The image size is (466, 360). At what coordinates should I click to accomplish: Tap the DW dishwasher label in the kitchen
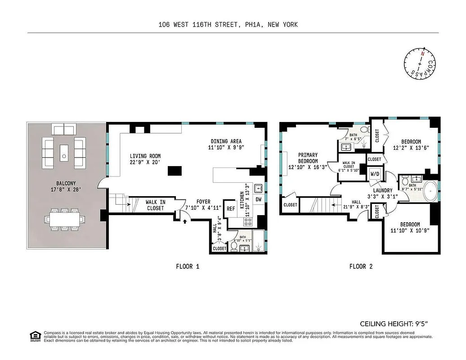click(x=259, y=199)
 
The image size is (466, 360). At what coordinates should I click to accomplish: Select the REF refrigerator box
click(x=231, y=209)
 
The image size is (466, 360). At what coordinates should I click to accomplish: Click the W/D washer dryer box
click(x=375, y=174)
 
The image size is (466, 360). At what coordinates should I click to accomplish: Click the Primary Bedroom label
click(x=308, y=158)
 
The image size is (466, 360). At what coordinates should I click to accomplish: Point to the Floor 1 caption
click(x=187, y=266)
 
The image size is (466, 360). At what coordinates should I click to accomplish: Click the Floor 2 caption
click(x=361, y=266)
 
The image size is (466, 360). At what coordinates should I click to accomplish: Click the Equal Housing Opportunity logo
click(x=34, y=336)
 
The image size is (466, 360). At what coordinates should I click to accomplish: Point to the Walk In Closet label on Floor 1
click(x=155, y=205)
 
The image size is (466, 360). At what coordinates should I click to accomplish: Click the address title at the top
click(x=228, y=25)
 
